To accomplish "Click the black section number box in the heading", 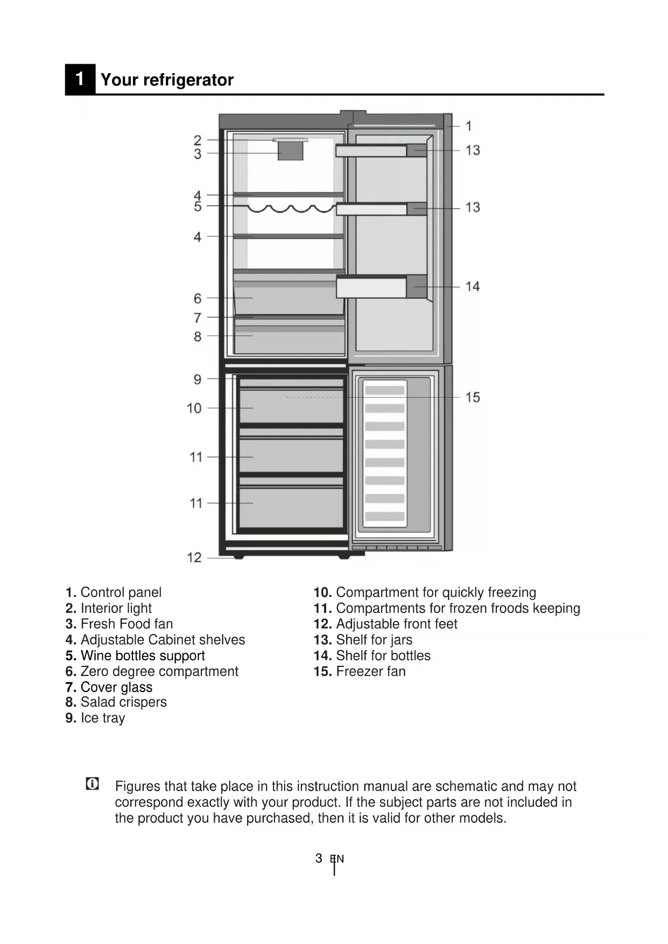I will click(x=80, y=79).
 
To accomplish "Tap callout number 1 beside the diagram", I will click(x=468, y=126).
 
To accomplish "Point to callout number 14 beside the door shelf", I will click(x=473, y=286).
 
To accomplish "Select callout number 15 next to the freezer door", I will click(x=473, y=397).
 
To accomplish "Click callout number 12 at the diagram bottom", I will click(x=194, y=558).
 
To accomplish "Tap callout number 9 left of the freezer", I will click(x=198, y=379).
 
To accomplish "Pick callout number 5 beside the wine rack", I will click(x=198, y=207).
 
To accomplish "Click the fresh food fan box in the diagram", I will click(x=291, y=151).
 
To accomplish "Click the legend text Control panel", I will click(x=121, y=593).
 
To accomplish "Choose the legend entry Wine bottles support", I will click(x=143, y=656).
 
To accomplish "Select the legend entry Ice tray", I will click(x=102, y=718).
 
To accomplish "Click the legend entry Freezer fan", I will click(x=370, y=671).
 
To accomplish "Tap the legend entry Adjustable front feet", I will click(x=396, y=624).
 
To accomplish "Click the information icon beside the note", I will click(x=93, y=784).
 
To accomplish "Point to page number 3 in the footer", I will click(x=319, y=858).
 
